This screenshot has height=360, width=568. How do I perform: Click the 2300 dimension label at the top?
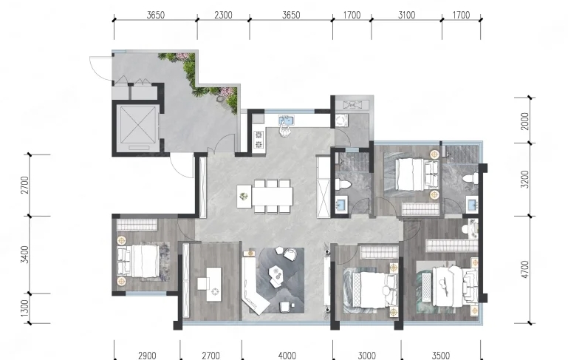pos(223,15)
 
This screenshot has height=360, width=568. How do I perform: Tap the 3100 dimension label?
pos(406,15)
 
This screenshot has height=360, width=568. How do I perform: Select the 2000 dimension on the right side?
pos(525,121)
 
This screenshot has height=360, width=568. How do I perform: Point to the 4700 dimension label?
pos(525,269)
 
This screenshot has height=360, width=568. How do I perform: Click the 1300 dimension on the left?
pos(24,308)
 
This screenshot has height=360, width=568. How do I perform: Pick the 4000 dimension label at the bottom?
pos(287,356)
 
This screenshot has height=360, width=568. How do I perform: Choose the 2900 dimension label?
pos(147,356)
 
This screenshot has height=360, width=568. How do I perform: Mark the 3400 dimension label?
pos(24,254)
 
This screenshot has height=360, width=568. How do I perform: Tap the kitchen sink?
pos(287,120)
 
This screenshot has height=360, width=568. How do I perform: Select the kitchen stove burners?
pos(259,140)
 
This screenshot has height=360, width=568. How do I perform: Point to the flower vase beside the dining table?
pos(244,196)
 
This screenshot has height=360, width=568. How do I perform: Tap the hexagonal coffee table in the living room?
pos(276,273)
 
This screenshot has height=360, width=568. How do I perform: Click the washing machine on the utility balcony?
pos(341,120)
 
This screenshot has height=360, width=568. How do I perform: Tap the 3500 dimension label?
pos(441,356)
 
